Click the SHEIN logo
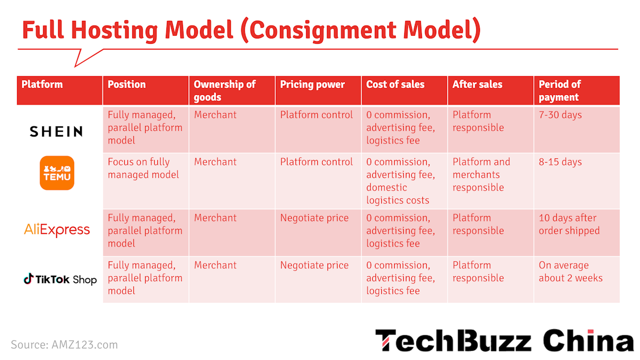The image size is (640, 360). tap(56, 131)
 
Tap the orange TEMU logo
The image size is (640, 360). tap(57, 173)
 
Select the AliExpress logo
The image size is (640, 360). tap(57, 230)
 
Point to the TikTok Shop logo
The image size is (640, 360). tap(60, 279)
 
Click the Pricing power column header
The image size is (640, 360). tap(313, 84)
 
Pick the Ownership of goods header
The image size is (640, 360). tap(225, 91)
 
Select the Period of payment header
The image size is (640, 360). tap(559, 91)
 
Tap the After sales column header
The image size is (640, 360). tap(477, 84)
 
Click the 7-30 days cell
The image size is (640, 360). tap(560, 115)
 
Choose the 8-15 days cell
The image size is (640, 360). tap(560, 162)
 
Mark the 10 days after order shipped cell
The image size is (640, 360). tap(569, 224)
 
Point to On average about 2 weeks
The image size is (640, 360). tap(570, 271)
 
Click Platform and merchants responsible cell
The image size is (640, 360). tap(481, 174)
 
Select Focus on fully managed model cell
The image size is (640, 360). tap(143, 168)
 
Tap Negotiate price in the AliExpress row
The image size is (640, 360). tap(314, 218)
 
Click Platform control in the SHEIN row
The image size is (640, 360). tap(316, 115)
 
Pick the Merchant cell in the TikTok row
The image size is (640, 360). tap(215, 265)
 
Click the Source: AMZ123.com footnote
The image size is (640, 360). tap(64, 345)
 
